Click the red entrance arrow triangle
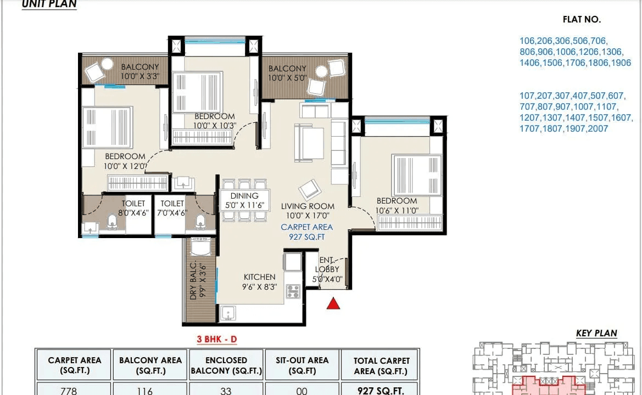pyautogui.click(x=333, y=303)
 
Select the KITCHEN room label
pyautogui.click(x=259, y=277)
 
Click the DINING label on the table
pyautogui.click(x=244, y=196)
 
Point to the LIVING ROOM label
pyautogui.click(x=308, y=206)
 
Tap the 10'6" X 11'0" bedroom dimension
pyautogui.click(x=397, y=211)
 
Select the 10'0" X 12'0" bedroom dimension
pyautogui.click(x=125, y=166)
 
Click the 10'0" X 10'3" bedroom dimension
pyautogui.click(x=214, y=125)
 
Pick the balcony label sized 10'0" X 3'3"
pyautogui.click(x=139, y=72)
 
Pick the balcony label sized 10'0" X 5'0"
pyautogui.click(x=287, y=74)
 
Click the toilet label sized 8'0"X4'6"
pyautogui.click(x=133, y=208)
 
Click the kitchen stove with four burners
pyautogui.click(x=293, y=291)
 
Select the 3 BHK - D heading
pyautogui.click(x=217, y=339)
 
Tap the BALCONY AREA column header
pyautogui.click(x=150, y=365)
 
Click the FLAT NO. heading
pyautogui.click(x=582, y=20)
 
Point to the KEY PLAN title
pyautogui.click(x=596, y=333)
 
